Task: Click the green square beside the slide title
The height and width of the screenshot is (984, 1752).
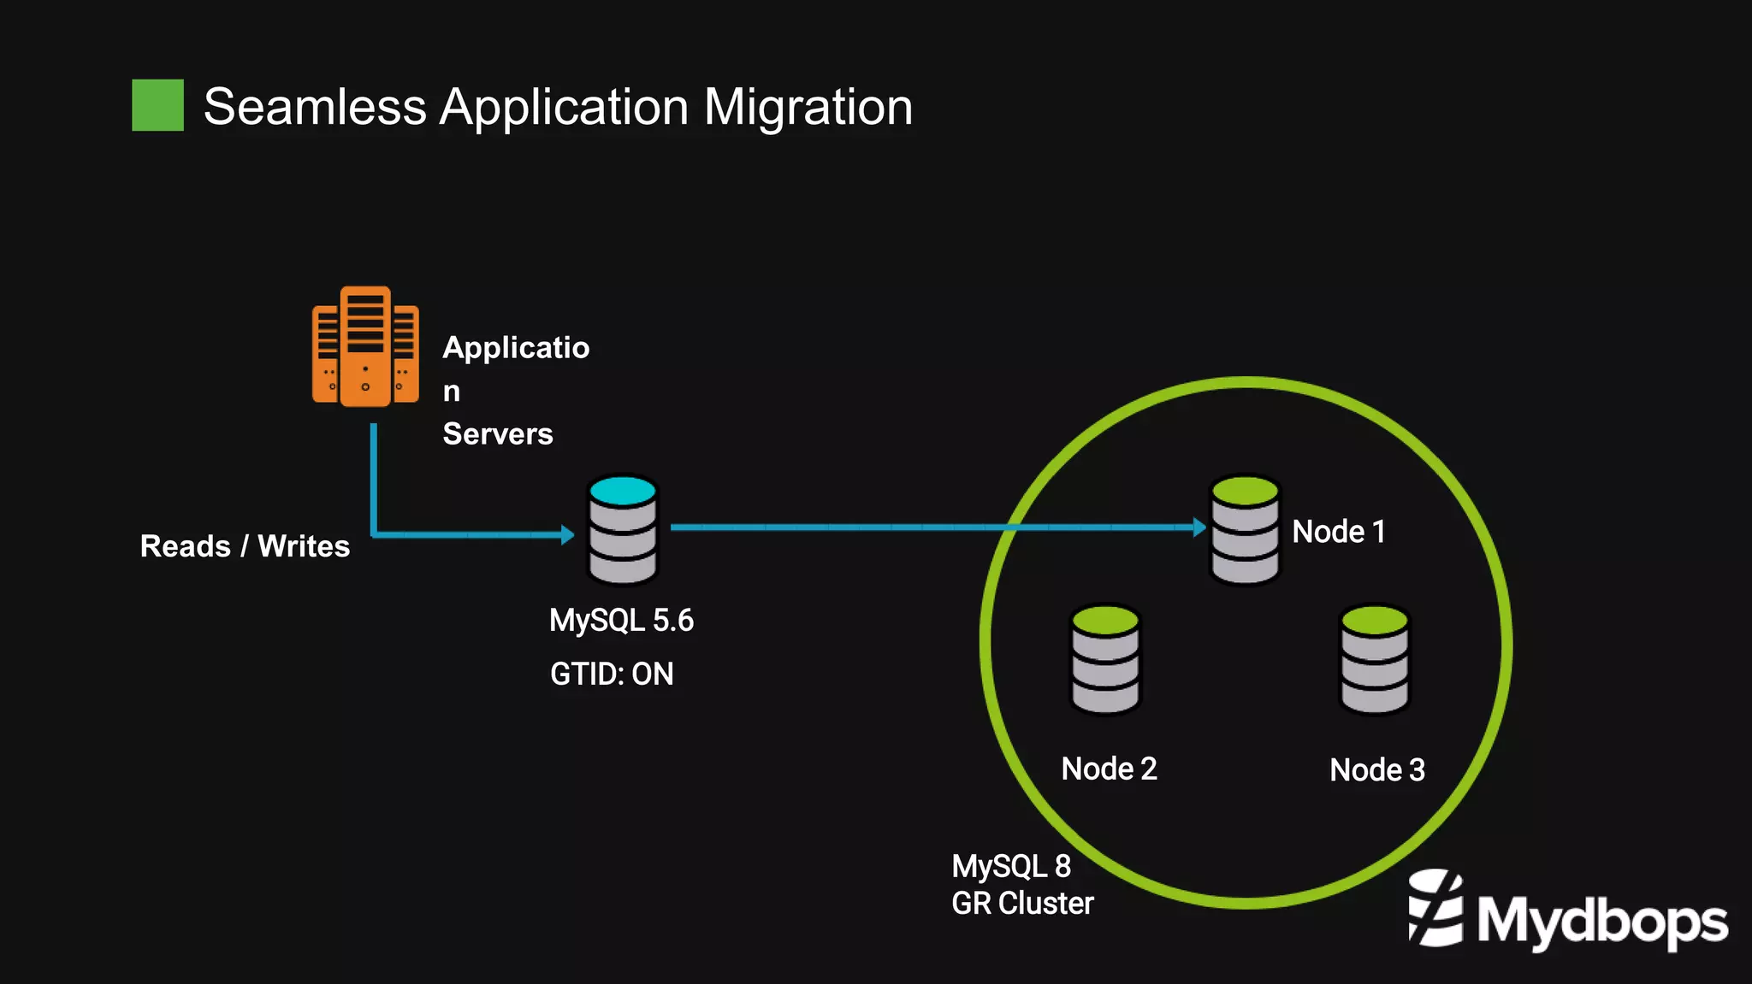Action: [157, 105]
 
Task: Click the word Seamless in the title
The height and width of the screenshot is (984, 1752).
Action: [315, 107]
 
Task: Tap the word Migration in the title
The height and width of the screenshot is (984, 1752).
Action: [808, 107]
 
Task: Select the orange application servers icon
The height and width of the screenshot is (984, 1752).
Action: [365, 346]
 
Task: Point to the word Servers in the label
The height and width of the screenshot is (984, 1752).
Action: [497, 434]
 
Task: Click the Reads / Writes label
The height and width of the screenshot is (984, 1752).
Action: [245, 546]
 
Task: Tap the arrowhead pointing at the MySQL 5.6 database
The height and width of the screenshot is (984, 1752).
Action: [567, 535]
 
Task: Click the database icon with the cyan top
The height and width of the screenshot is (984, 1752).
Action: [623, 531]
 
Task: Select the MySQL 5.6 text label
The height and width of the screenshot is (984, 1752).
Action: [621, 621]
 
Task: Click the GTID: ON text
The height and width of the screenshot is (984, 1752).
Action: [612, 675]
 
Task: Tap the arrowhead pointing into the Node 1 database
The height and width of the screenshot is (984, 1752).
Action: [1199, 527]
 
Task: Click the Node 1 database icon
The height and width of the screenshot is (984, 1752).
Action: [1245, 531]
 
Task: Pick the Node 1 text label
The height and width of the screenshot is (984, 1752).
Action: [1338, 532]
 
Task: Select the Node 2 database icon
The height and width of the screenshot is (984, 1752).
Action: [1105, 659]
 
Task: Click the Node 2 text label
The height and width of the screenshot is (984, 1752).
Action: [1109, 769]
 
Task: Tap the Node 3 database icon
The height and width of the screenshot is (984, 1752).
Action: [1374, 659]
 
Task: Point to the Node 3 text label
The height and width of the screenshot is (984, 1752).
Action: [1377, 770]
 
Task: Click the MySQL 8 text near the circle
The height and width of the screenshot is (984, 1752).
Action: [1011, 867]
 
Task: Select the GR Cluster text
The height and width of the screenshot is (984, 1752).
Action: [1022, 904]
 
